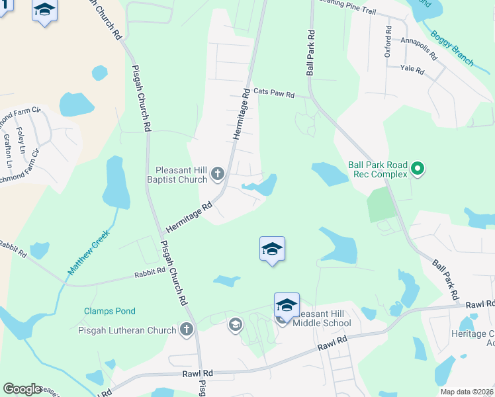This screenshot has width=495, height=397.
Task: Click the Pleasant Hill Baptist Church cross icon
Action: point(218,174)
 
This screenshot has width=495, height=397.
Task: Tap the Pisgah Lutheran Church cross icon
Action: point(187,329)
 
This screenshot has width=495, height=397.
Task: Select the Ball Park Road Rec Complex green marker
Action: point(417,170)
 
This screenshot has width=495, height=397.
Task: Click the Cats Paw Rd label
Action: point(274,93)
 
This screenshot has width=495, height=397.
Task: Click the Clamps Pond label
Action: point(109,311)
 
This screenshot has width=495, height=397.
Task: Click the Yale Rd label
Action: point(412,67)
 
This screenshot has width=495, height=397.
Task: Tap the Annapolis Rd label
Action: point(420,48)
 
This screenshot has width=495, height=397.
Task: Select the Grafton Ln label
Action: point(8,151)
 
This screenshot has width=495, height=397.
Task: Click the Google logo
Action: point(21,389)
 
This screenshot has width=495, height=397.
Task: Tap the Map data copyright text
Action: point(467,392)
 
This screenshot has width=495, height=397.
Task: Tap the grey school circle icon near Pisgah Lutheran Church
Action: point(234,324)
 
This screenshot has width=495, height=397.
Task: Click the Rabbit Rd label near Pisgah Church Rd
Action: point(149,272)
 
